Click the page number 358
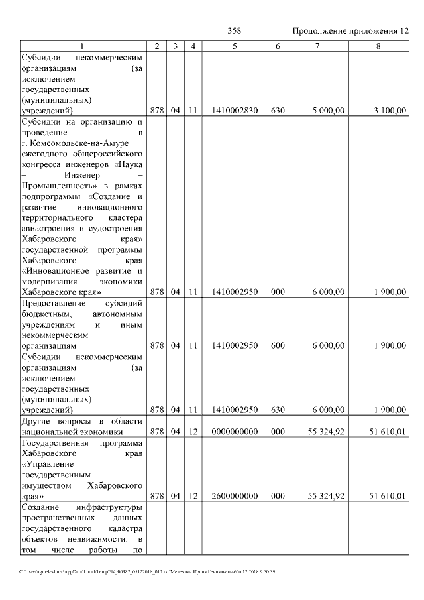tap(234, 31)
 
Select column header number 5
tap(235, 46)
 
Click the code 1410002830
tap(235, 111)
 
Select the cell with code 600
tap(278, 345)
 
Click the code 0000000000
tap(235, 432)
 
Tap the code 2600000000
tap(235, 495)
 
